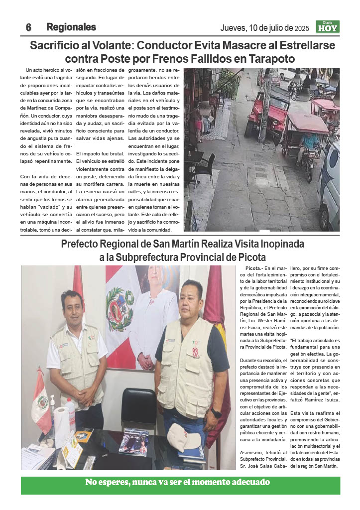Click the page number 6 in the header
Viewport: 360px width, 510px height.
coord(28,27)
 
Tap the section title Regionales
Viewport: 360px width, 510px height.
coord(71,27)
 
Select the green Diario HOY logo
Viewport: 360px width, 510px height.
coord(328,27)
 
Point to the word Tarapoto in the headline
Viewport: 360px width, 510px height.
coord(268,59)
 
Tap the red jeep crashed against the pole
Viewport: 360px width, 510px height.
coord(264,114)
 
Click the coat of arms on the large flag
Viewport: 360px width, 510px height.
coord(120,310)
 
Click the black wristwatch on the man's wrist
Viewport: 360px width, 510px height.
coord(216,413)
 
